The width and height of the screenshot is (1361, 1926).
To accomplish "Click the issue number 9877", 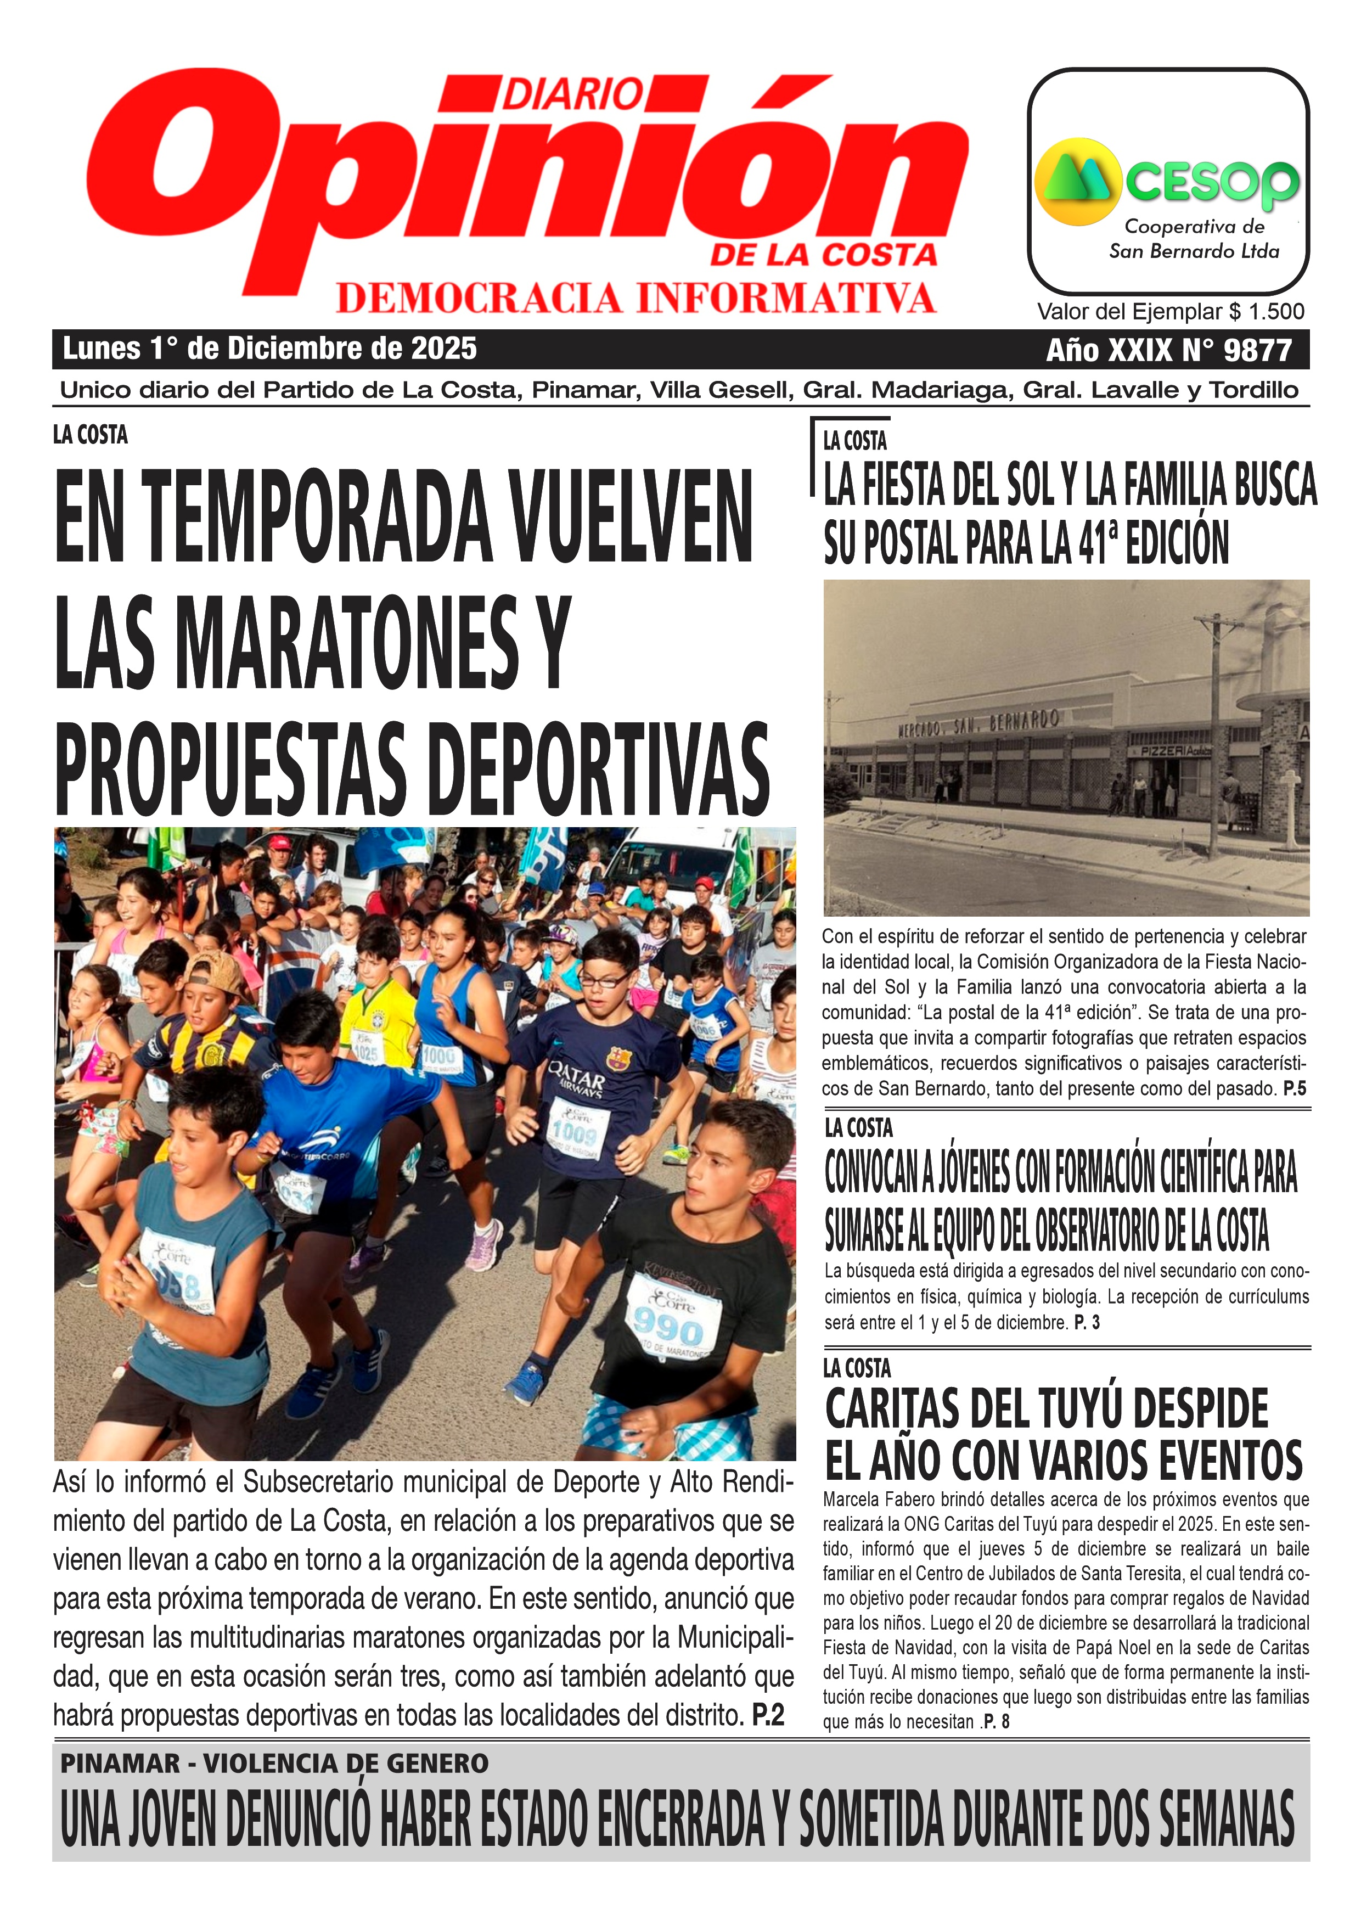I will tap(1257, 350).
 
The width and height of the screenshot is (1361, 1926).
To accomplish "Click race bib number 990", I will tap(668, 1329).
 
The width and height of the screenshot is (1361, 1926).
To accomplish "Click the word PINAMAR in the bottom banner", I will tap(120, 1764).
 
